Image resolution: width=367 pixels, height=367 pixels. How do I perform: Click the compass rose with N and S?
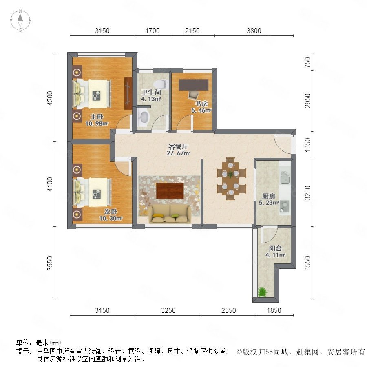point(20,20)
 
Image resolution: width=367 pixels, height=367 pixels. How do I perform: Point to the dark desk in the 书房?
point(193,85)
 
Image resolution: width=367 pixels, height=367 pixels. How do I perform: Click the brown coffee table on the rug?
point(170,191)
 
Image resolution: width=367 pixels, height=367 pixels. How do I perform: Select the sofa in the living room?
point(170,214)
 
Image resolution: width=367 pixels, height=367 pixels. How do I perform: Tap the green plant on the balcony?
point(262,292)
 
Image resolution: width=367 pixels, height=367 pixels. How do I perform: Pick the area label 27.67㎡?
point(178,153)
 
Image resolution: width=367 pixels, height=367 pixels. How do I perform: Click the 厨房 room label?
point(268,196)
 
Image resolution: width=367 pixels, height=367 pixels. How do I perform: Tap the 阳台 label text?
point(275,248)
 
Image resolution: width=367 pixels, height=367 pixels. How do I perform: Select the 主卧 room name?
point(97,117)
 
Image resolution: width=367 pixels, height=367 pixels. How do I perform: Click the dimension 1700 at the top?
point(153,31)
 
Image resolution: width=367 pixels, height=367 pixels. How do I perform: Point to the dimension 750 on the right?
point(307,62)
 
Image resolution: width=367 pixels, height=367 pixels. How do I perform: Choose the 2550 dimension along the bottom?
point(228,310)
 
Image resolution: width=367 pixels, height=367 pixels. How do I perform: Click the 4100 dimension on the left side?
point(50,184)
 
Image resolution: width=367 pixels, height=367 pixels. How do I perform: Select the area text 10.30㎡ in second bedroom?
point(111,219)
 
